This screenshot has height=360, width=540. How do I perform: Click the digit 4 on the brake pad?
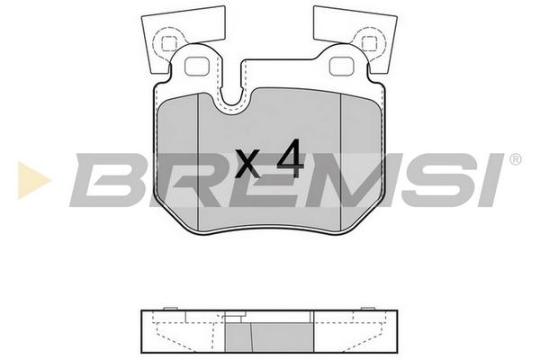291,158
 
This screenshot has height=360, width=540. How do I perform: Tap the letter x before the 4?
248,164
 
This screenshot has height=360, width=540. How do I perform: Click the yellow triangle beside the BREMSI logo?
33,180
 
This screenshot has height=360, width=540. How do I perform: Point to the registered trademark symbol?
515,159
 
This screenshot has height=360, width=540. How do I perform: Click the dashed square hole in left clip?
169,43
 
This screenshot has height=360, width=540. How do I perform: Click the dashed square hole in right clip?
369,43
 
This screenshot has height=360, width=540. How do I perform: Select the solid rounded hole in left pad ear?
196,67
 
